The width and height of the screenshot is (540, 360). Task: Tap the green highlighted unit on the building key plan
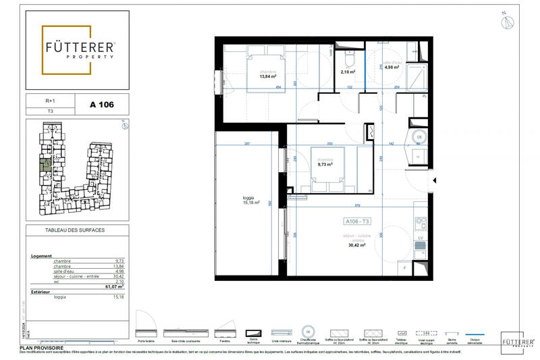coord(45,164)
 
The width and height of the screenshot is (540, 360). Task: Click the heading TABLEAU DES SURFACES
coord(75,230)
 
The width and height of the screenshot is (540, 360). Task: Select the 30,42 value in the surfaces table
coord(120,276)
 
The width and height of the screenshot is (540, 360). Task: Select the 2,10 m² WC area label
coord(348,72)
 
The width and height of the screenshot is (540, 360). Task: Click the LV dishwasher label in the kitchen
coord(420,238)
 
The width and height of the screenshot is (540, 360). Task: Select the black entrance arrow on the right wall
coord(435,181)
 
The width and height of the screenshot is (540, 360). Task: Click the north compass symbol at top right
coord(507,22)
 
